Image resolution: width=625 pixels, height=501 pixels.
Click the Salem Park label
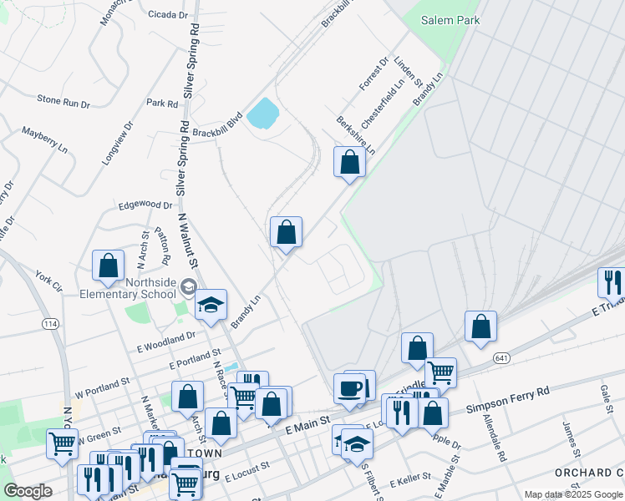450,20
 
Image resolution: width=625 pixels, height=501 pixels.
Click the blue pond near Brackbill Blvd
262,113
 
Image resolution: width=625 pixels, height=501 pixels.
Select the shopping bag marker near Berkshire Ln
349,161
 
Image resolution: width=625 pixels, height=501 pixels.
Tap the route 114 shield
50,323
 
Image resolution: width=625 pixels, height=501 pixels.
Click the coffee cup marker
349,388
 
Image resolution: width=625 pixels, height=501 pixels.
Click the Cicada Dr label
167,15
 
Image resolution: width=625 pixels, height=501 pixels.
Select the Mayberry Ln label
45,139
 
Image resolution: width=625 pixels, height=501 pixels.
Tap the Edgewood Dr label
145,205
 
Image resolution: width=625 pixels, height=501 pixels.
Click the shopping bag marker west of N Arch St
108,266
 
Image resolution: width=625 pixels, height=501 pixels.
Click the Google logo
28,491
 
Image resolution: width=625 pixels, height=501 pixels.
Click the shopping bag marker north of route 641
480,326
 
